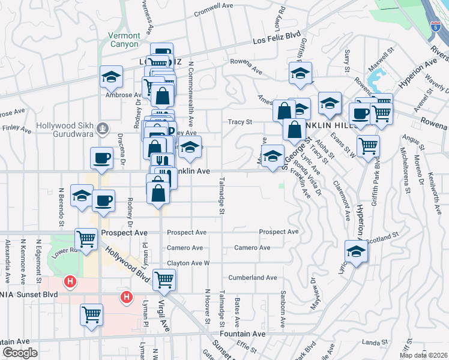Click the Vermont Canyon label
click(x=123, y=40)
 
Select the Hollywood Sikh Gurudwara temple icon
click(x=103, y=128)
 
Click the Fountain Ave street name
click(x=243, y=334)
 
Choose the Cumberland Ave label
click(x=252, y=278)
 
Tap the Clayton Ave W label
click(x=188, y=263)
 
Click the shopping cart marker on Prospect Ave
click(x=86, y=238)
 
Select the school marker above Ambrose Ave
click(x=112, y=76)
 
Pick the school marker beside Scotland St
click(x=357, y=252)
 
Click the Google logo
click(x=19, y=353)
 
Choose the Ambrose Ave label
click(x=123, y=95)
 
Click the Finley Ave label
click(x=13, y=128)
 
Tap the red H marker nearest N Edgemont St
click(x=71, y=281)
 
